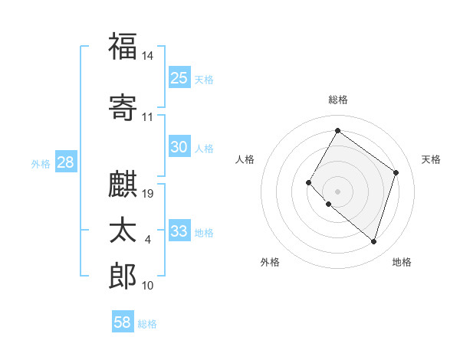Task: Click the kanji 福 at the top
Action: pyautogui.click(x=123, y=47)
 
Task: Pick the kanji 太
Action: pyautogui.click(x=123, y=231)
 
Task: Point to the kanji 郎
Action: pyautogui.click(x=123, y=276)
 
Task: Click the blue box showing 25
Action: pyautogui.click(x=179, y=77)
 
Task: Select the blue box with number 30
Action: pyautogui.click(x=179, y=147)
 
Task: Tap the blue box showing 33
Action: pyautogui.click(x=179, y=231)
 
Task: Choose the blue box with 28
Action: pyautogui.click(x=65, y=162)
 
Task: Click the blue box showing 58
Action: pyautogui.click(x=123, y=322)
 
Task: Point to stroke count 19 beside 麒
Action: pyautogui.click(x=149, y=193)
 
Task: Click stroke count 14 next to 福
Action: pyautogui.click(x=148, y=56)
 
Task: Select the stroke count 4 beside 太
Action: pyautogui.click(x=148, y=240)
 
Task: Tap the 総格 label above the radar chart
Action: pyautogui.click(x=337, y=100)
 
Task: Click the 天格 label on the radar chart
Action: pyautogui.click(x=432, y=159)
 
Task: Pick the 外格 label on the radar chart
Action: pyautogui.click(x=270, y=262)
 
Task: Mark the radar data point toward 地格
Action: pyautogui.click(x=373, y=242)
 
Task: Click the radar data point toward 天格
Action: pyautogui.click(x=396, y=172)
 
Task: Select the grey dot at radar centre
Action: pyautogui.click(x=337, y=191)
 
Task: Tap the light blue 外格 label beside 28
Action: pyautogui.click(x=41, y=163)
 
